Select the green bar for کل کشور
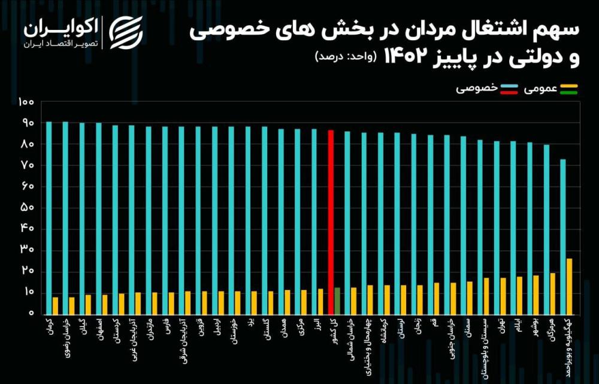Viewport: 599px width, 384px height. [x=337, y=301]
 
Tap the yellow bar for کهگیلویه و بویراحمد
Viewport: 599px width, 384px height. [x=569, y=286]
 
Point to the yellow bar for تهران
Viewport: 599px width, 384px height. [x=503, y=296]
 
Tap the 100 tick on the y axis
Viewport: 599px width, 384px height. [x=26, y=102]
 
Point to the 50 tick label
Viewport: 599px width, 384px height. [x=28, y=208]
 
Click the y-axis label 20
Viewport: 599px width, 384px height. [x=28, y=271]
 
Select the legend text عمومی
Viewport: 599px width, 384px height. [x=541, y=89]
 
